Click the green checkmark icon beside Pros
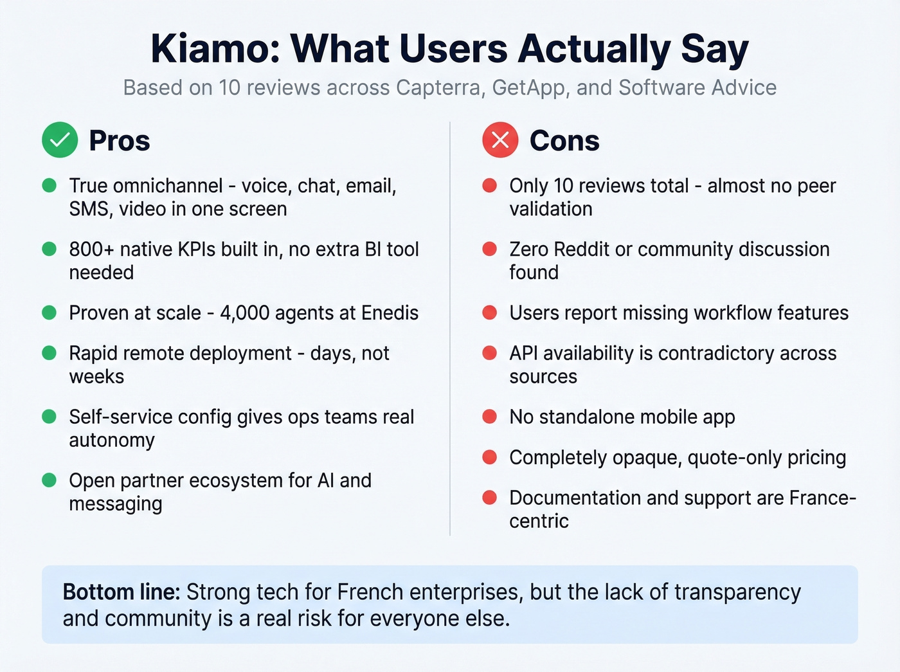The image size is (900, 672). pyautogui.click(x=60, y=140)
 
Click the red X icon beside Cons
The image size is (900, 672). pyautogui.click(x=500, y=140)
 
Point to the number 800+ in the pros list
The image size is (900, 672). pyautogui.click(x=91, y=250)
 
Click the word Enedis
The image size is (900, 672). pyautogui.click(x=390, y=313)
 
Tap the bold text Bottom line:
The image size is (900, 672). pyautogui.click(x=122, y=592)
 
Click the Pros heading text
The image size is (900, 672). pyautogui.click(x=120, y=141)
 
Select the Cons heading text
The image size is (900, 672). pyautogui.click(x=564, y=141)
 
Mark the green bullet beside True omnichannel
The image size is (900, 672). pyautogui.click(x=50, y=186)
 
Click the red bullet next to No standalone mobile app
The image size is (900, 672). pyautogui.click(x=490, y=417)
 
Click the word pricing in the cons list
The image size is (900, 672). pyautogui.click(x=816, y=458)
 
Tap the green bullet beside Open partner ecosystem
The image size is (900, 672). pyautogui.click(x=50, y=480)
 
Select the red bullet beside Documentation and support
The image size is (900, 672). pyautogui.click(x=490, y=498)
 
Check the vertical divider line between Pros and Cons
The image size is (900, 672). pyautogui.click(x=450, y=328)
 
